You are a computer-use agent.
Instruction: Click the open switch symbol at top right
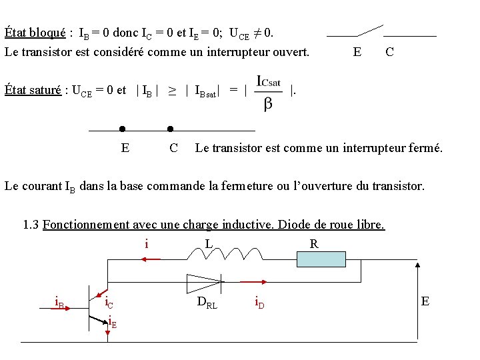(x=370, y=31)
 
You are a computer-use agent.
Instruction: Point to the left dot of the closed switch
(x=122, y=129)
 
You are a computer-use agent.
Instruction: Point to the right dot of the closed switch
(x=170, y=129)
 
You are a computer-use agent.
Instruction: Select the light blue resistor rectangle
(x=321, y=259)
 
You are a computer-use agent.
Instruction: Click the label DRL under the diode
(x=207, y=303)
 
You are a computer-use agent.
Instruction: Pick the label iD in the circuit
(x=259, y=303)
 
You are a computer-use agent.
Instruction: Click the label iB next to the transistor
(x=59, y=303)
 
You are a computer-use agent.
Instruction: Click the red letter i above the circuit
(x=147, y=244)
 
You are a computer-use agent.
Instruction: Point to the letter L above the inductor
(x=209, y=244)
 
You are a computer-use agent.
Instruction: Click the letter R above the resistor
(x=314, y=244)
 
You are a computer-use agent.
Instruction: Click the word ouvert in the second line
(x=290, y=51)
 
